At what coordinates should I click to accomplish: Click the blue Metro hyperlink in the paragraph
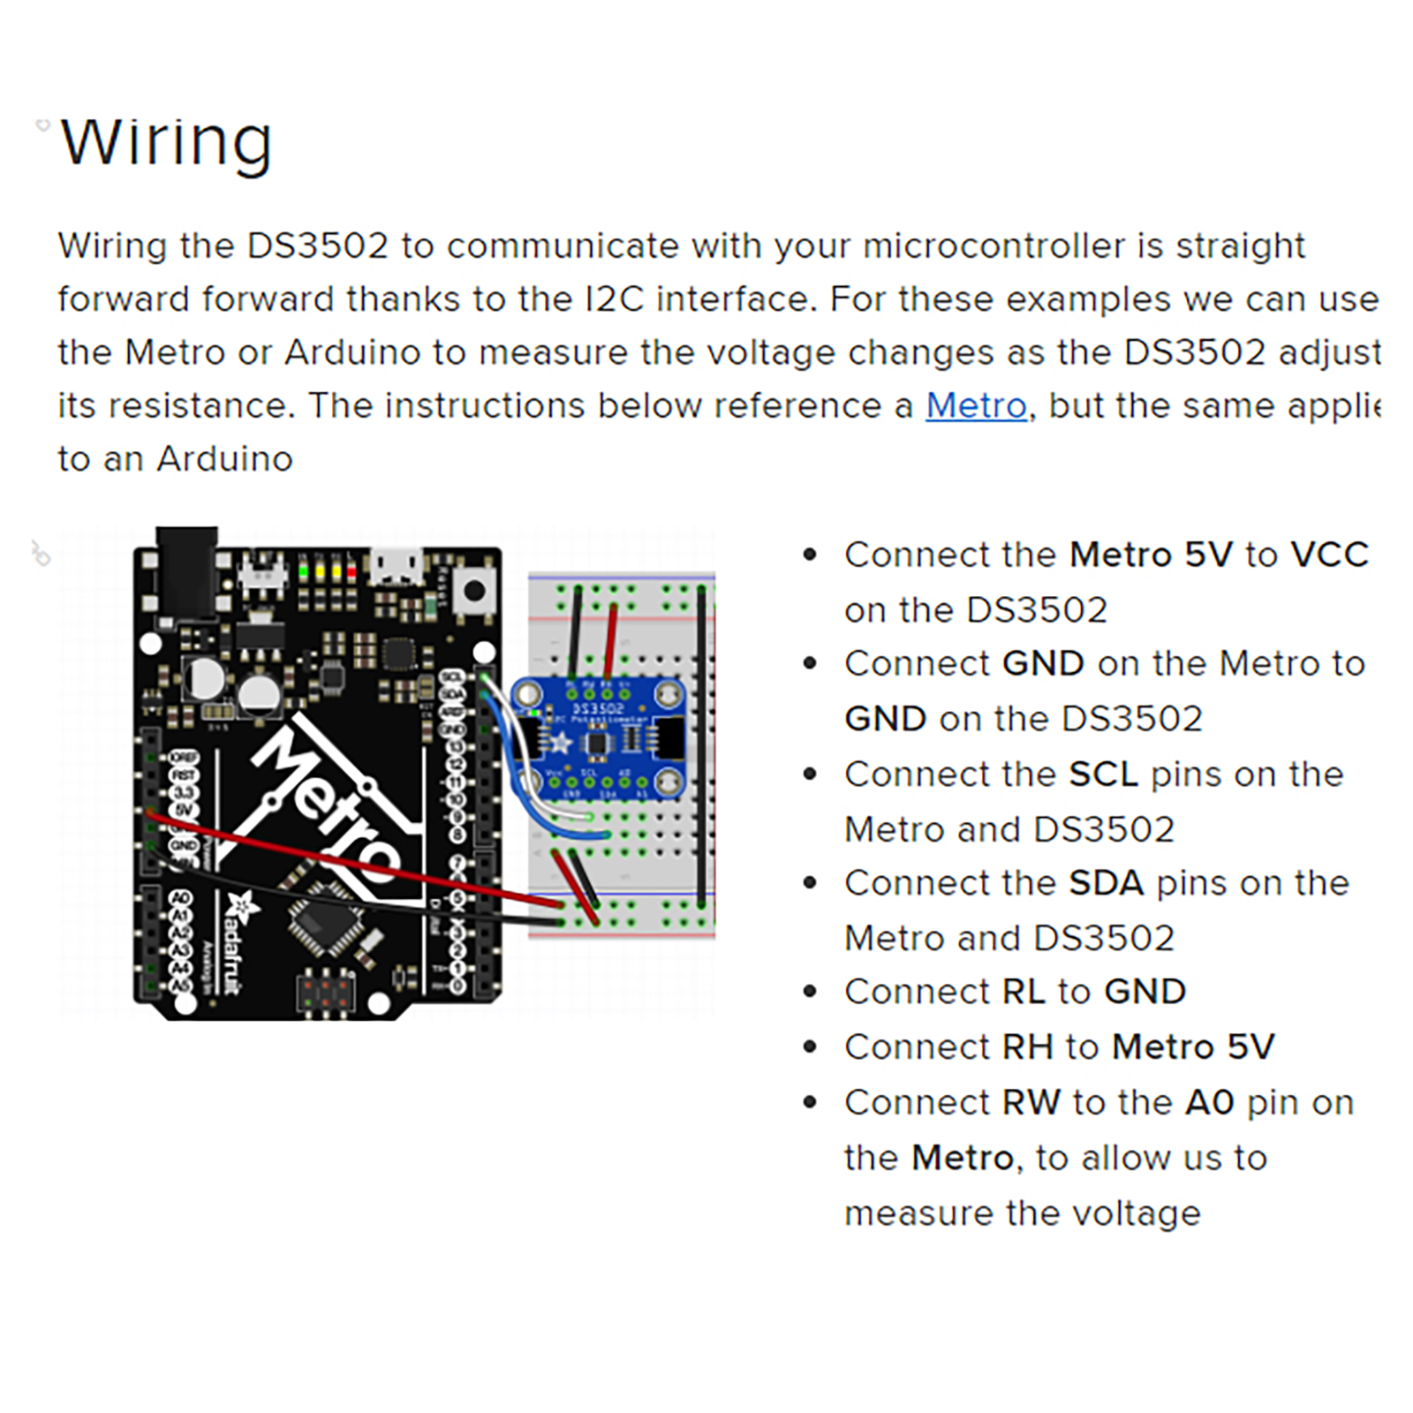(976, 406)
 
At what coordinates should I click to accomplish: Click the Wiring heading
(166, 142)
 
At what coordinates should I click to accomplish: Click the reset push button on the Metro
(474, 590)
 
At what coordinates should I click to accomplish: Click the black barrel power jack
(186, 570)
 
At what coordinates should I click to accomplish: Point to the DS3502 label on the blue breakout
(598, 709)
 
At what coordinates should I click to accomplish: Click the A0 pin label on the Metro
(181, 899)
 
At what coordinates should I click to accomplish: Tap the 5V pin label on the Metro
(183, 809)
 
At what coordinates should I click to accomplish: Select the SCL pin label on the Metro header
(452, 676)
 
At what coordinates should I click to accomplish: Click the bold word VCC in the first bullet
(1329, 555)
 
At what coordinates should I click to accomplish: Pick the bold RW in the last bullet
(1031, 1103)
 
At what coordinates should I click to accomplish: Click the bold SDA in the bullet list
(1106, 883)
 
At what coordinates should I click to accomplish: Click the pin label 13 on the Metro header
(454, 748)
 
